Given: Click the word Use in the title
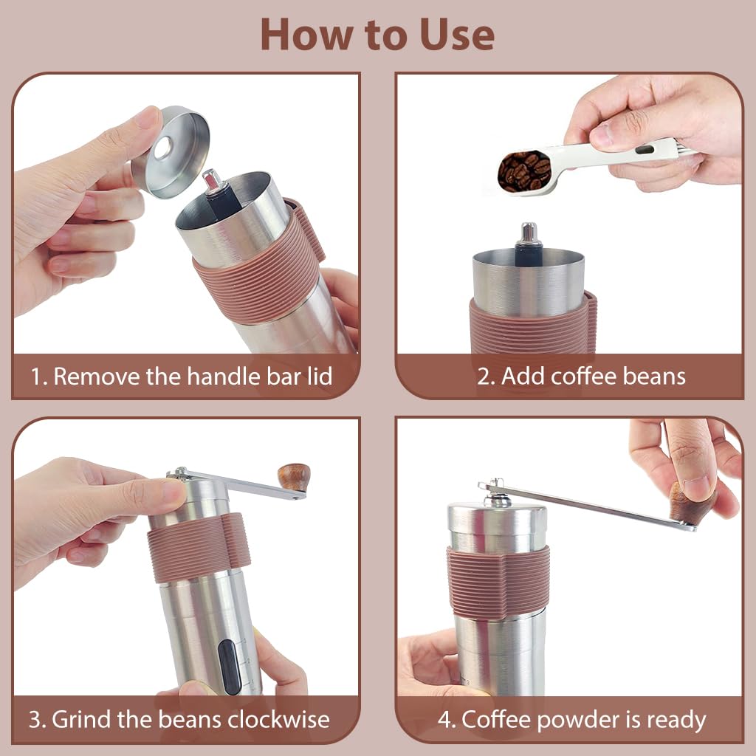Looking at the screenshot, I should (451, 34).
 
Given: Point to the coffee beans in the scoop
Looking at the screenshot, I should (523, 171).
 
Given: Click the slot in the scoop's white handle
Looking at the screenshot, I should (645, 150).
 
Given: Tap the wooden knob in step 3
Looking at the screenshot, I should (294, 477).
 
